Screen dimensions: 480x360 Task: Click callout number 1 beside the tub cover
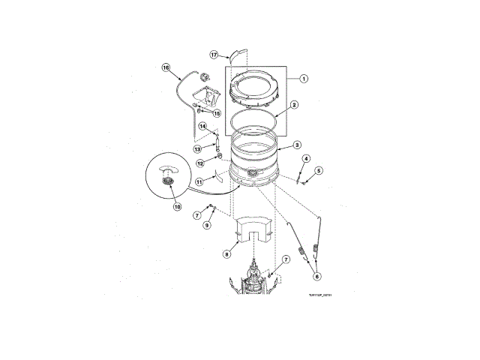(x=304, y=78)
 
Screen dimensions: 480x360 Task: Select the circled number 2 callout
(x=295, y=105)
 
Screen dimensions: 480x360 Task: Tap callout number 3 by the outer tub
(x=298, y=145)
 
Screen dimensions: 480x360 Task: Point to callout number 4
(x=306, y=158)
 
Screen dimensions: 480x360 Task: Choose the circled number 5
(x=319, y=171)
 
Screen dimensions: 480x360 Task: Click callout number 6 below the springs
(x=316, y=276)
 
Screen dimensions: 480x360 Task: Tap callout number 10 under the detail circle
(x=178, y=207)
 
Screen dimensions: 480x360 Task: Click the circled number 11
(x=199, y=181)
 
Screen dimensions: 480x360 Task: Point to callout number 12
(x=199, y=163)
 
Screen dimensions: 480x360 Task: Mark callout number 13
(x=197, y=149)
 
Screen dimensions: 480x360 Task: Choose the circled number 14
(x=202, y=126)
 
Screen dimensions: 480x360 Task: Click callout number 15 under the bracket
(x=217, y=113)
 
